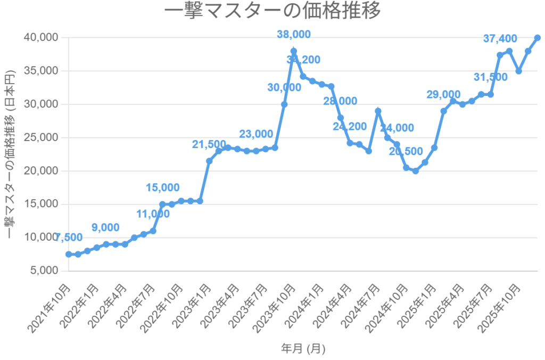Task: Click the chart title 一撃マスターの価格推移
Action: click(x=272, y=11)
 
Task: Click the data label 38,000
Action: click(x=293, y=35)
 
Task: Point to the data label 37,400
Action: click(x=500, y=38)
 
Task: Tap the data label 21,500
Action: click(x=209, y=144)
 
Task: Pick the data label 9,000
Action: click(x=105, y=227)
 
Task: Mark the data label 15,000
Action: click(x=163, y=187)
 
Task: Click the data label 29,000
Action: click(x=443, y=94)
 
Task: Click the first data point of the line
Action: click(x=69, y=255)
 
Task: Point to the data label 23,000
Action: click(x=256, y=134)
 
